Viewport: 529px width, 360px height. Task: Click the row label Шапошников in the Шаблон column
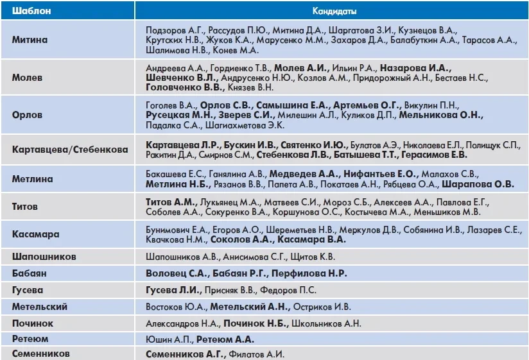point(44,257)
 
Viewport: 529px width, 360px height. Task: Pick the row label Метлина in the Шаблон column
point(32,179)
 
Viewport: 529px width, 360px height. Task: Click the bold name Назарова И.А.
point(415,67)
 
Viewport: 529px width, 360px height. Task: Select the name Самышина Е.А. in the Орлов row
point(292,105)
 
